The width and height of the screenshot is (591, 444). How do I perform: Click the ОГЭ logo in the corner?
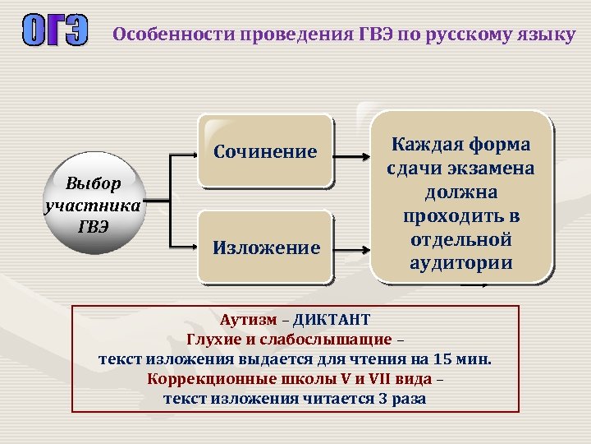coord(53,35)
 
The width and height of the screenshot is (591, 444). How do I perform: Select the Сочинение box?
coord(265,152)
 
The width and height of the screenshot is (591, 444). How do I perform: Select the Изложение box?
coord(266,247)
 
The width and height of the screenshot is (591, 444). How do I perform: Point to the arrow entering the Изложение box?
coord(184,247)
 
